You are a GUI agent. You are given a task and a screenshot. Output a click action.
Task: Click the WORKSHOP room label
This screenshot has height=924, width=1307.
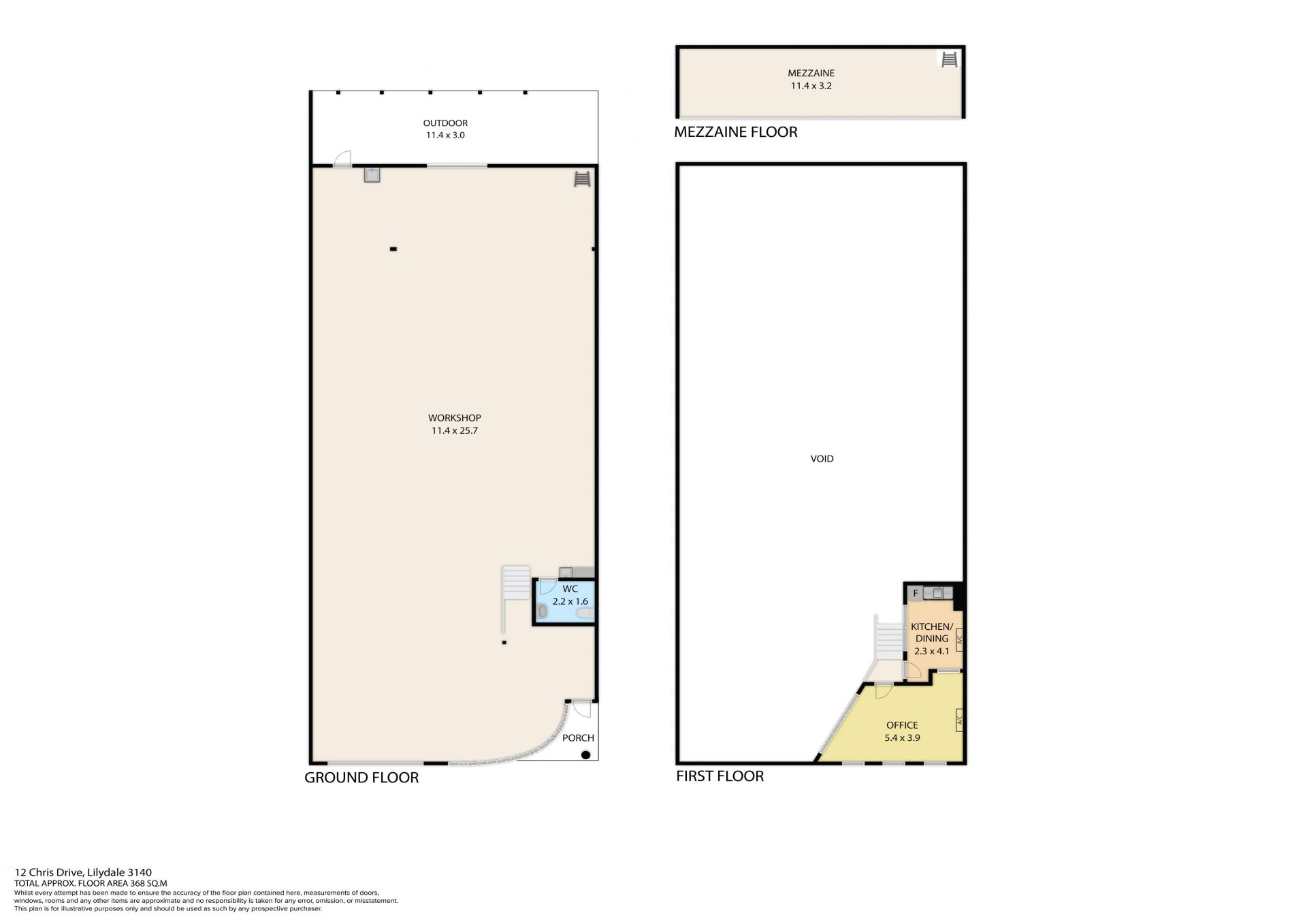click(454, 418)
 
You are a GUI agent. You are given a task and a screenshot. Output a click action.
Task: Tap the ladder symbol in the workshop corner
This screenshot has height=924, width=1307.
click(582, 179)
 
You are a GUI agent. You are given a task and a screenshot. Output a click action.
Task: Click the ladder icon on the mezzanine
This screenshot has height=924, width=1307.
click(949, 60)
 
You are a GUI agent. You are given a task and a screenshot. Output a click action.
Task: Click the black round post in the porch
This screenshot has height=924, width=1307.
click(585, 754)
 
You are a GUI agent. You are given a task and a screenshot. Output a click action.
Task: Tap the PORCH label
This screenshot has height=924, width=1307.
click(578, 737)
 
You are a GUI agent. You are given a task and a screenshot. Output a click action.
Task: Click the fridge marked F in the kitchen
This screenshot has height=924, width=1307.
click(916, 593)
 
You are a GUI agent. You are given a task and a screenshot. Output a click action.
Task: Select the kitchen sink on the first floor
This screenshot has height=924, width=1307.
click(938, 592)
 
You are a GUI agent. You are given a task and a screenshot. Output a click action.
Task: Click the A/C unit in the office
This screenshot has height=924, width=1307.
click(958, 720)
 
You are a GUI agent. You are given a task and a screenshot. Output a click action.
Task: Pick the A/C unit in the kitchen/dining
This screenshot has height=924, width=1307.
click(958, 639)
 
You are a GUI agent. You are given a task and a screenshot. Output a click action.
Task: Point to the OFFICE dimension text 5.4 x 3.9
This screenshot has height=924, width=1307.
click(902, 737)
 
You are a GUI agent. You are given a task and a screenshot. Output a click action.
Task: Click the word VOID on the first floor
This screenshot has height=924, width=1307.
click(822, 459)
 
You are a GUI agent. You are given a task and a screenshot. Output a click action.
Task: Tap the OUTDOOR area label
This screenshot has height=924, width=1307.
click(445, 123)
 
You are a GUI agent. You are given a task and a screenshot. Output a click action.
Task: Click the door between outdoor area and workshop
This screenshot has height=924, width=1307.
click(342, 159)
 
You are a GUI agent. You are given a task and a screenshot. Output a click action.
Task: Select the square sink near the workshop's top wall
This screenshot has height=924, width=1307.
click(372, 175)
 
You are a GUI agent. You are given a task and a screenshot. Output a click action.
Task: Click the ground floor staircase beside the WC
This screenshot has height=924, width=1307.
click(516, 583)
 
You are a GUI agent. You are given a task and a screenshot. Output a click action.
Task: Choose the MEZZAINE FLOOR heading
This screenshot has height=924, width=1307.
click(735, 132)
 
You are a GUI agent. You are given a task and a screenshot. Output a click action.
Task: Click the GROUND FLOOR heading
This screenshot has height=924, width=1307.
click(361, 778)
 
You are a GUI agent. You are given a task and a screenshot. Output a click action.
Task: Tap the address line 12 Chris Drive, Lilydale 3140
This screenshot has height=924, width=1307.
click(83, 872)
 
